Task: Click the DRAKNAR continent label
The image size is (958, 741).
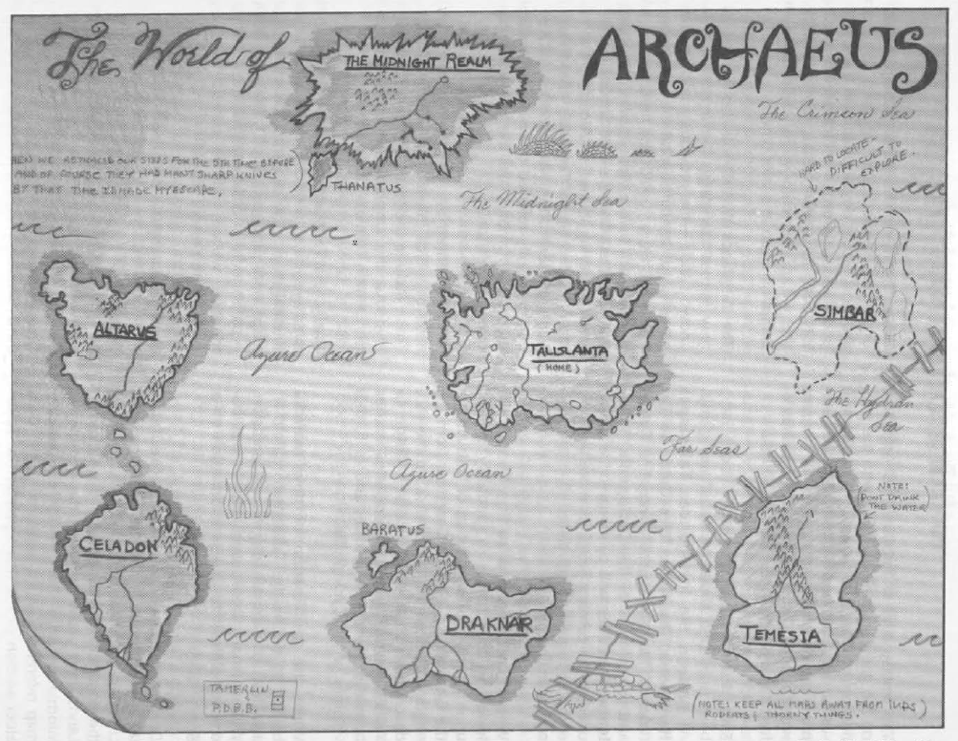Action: pos(487,625)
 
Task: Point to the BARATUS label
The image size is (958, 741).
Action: pos(391,528)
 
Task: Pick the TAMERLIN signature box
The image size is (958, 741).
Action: pos(245,695)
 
